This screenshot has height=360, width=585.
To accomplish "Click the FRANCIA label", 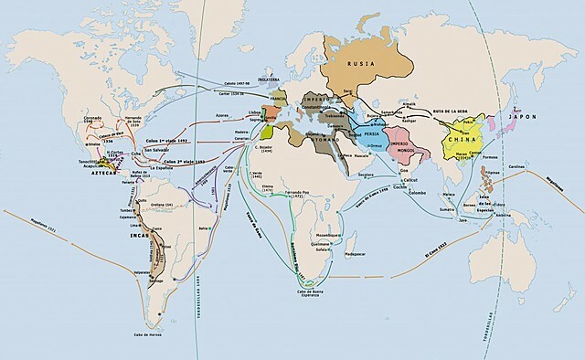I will (278, 95).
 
